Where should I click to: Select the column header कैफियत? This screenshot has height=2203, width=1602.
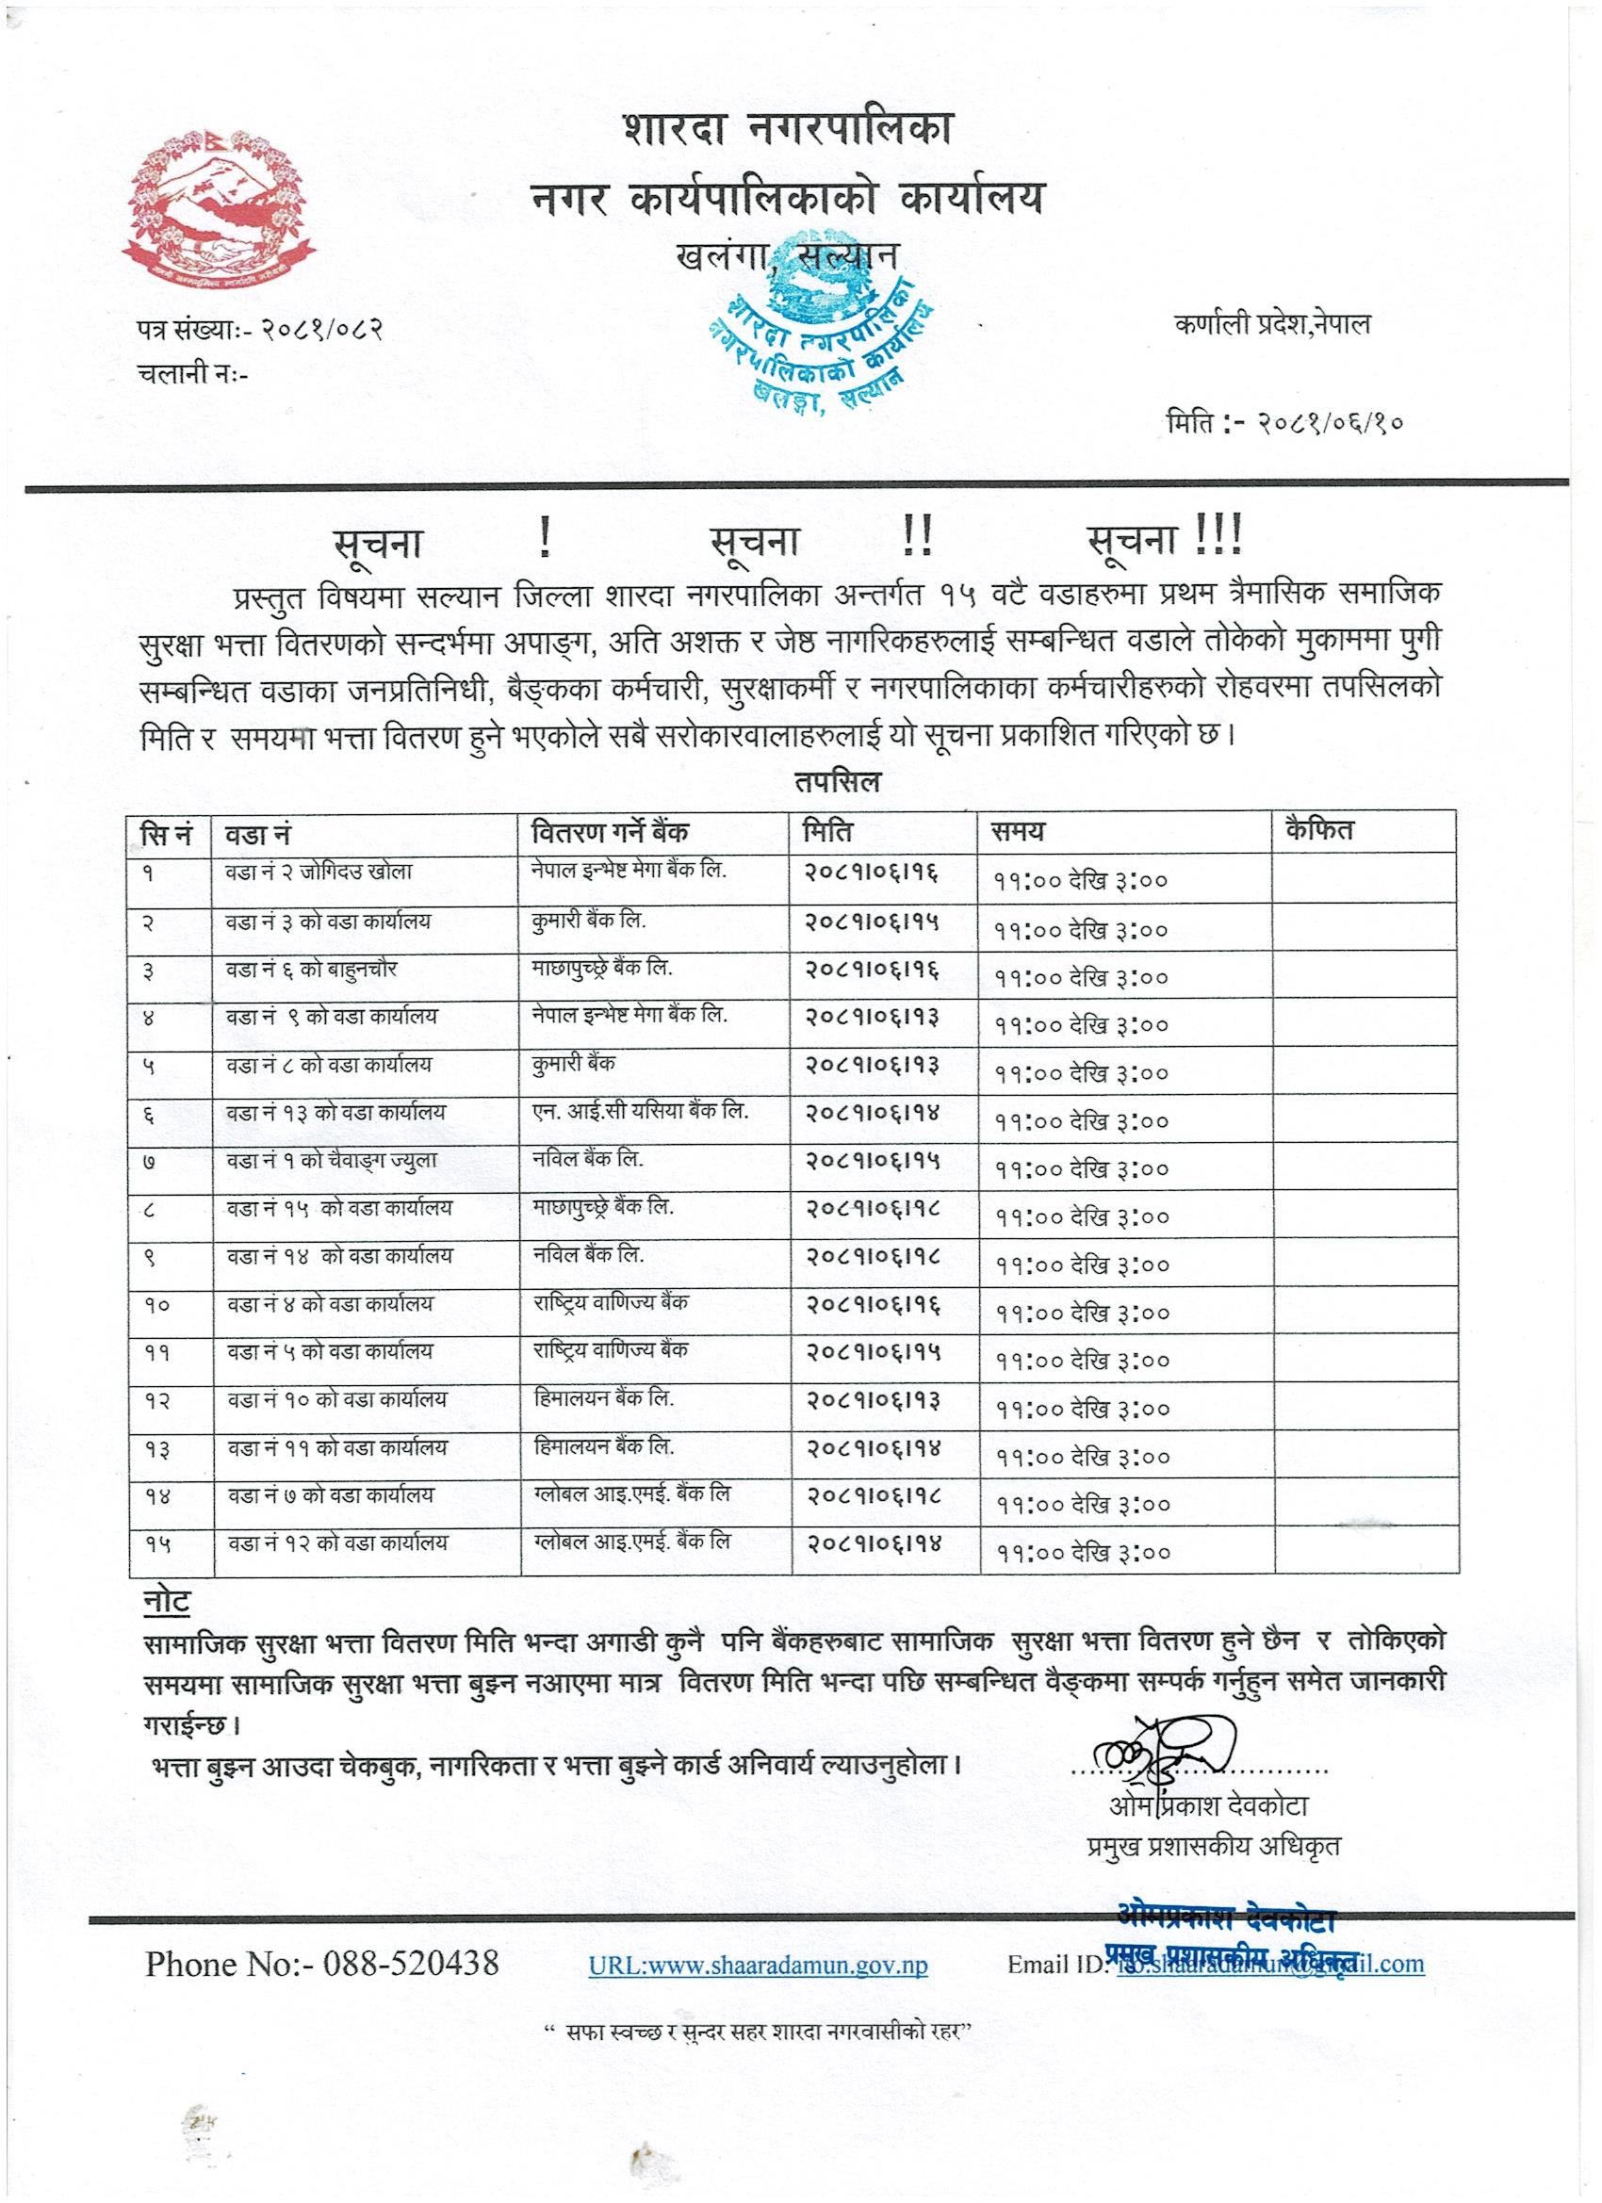(1317, 830)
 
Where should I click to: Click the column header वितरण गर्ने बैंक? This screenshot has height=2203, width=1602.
(611, 832)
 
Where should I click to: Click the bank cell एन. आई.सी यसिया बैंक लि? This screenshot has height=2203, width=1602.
(639, 1111)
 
